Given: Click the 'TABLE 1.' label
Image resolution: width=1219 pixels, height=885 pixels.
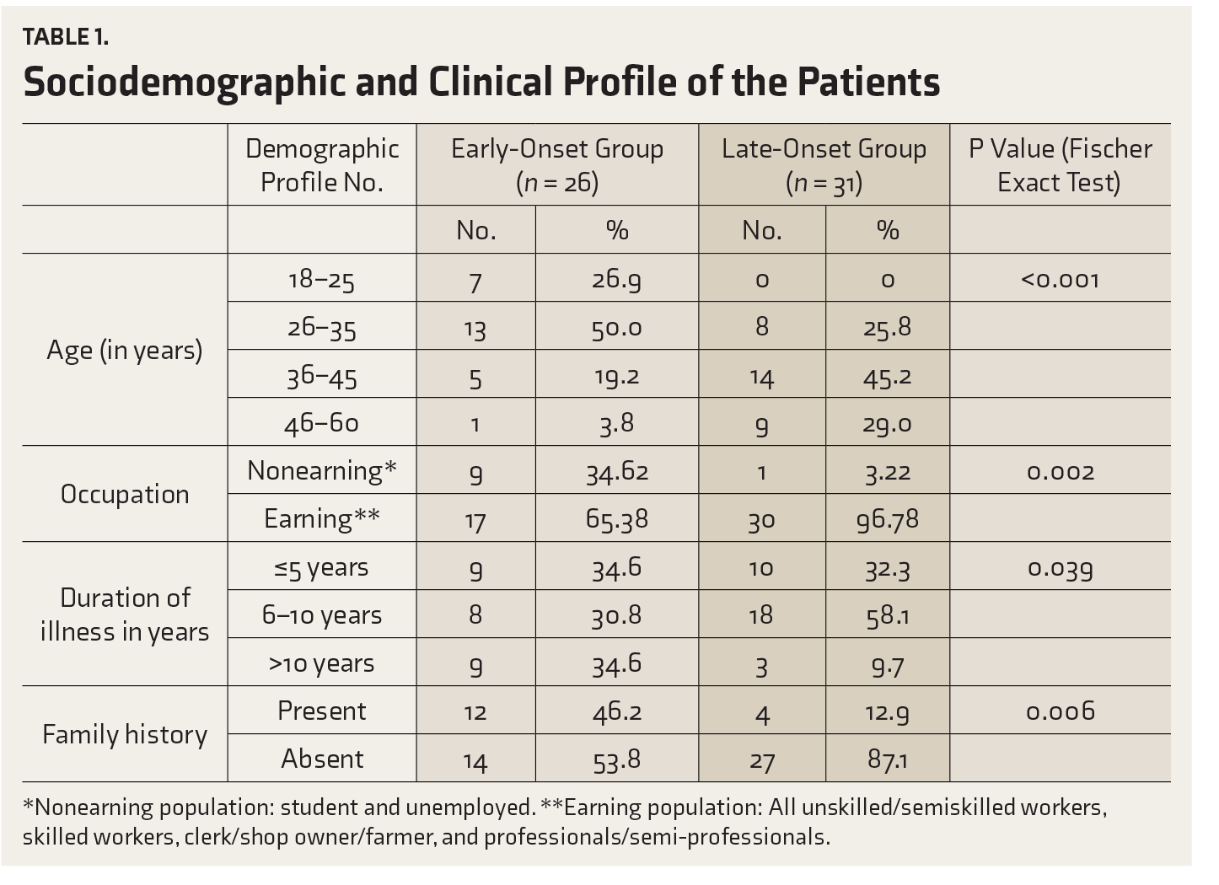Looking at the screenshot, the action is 66,37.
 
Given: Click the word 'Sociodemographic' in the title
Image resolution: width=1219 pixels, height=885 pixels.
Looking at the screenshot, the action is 185,83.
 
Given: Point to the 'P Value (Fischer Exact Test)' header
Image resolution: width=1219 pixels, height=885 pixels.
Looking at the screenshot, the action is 1060,165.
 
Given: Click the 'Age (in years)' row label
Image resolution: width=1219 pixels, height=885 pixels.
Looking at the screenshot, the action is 125,350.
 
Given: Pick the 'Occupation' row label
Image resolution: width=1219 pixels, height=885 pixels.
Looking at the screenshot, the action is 125,494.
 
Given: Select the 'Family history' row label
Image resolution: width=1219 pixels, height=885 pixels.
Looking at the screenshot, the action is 125,734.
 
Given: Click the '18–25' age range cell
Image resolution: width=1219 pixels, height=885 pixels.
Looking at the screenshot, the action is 322,280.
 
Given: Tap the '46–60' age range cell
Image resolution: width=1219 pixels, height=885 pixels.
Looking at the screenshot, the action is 322,424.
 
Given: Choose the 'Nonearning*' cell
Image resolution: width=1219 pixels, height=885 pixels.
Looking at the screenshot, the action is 322,470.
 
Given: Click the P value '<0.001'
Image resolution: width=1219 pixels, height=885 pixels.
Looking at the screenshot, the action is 1061,280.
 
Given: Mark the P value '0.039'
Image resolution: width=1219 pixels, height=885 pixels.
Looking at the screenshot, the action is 1061,568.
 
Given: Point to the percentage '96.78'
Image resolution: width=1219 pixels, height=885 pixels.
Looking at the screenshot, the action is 888,519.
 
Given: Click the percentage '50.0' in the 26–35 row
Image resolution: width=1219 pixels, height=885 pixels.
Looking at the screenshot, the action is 616,329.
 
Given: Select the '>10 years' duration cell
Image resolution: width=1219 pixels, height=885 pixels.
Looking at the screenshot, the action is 322,663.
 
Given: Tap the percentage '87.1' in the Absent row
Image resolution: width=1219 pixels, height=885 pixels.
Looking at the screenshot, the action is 888,759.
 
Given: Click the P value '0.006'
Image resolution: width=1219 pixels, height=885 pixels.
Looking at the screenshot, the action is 1061,711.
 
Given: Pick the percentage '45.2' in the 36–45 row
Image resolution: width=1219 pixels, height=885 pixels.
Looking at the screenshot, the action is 888,378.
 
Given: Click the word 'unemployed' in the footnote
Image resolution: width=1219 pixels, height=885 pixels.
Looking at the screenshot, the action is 470,807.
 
